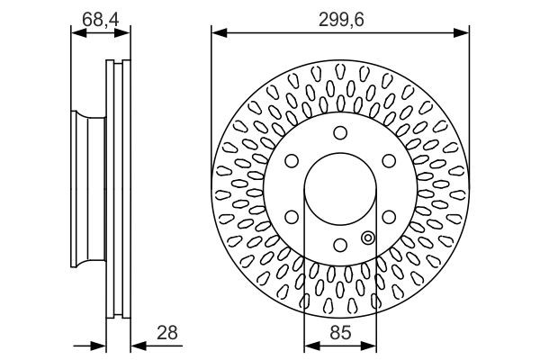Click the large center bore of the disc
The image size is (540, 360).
340,189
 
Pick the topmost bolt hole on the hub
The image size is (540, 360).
340,133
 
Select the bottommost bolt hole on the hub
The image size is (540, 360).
340,245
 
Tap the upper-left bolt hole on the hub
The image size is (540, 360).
292,161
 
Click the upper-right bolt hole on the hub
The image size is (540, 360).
389,161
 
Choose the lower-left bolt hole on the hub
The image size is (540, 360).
292,217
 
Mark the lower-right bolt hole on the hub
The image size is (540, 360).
389,217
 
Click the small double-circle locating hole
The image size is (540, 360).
367,238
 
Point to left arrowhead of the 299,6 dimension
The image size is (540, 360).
217,33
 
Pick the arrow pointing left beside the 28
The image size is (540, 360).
137,345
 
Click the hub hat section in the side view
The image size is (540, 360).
85,189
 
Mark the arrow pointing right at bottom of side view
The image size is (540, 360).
101,345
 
